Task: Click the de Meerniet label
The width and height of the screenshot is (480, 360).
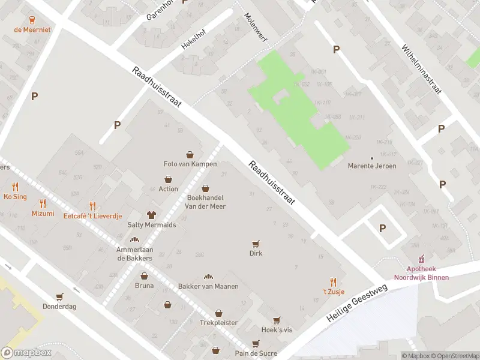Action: pos(33,29)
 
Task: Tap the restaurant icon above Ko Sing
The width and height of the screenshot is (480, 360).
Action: pos(15,187)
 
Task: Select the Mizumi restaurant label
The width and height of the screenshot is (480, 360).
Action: pos(43,214)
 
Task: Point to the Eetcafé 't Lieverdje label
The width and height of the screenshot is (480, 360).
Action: pos(92,216)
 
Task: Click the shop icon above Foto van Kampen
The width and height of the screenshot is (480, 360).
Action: pos(190,155)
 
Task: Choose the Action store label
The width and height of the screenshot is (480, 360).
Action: pos(169,189)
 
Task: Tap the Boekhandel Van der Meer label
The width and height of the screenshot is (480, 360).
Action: pos(206,201)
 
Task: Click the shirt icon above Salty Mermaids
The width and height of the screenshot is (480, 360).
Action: pos(152,215)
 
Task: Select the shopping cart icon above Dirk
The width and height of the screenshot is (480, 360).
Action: pos(256,244)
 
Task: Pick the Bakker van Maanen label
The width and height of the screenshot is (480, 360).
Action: pos(208,286)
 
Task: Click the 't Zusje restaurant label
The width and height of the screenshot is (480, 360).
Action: pos(333,291)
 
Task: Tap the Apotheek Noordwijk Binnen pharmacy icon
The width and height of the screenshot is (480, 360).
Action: pos(421,259)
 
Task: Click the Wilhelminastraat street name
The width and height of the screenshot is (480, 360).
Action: pos(421,68)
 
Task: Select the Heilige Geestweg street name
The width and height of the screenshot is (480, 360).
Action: pos(358,305)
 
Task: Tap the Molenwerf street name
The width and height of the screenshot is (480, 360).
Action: pos(255,28)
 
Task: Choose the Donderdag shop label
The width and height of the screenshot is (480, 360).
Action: pos(59,306)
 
